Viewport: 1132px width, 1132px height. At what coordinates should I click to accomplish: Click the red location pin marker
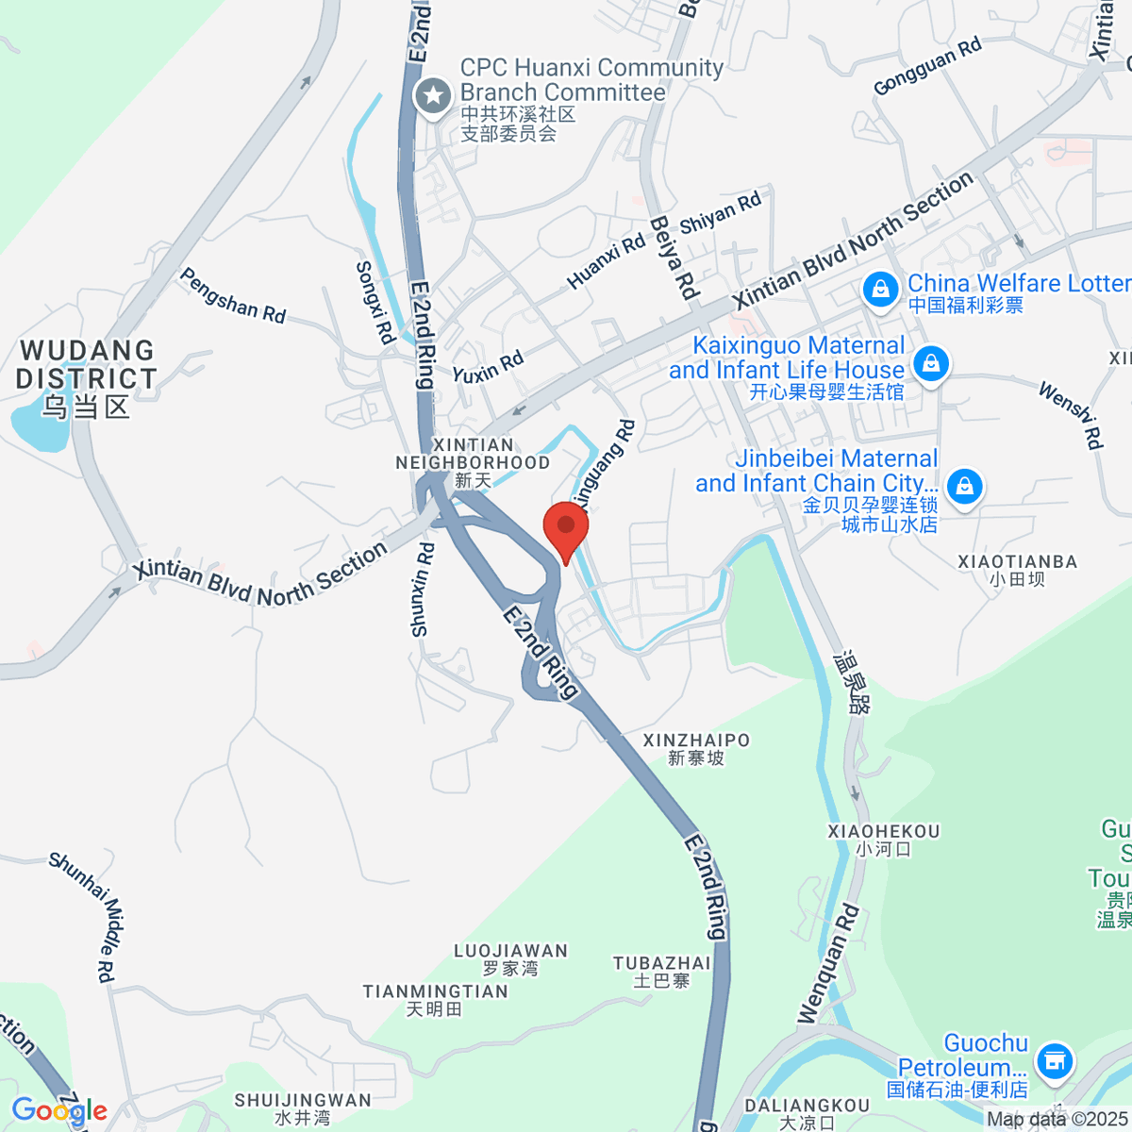(x=566, y=529)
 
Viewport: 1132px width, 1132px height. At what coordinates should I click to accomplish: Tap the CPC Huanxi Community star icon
(x=434, y=94)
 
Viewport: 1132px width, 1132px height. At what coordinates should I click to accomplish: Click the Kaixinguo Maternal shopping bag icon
(x=931, y=363)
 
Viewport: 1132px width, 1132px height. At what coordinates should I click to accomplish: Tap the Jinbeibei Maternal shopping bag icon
(x=964, y=487)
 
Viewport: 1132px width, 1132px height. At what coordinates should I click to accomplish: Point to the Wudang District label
(x=86, y=377)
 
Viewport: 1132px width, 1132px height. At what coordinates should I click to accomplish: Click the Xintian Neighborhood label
(x=473, y=462)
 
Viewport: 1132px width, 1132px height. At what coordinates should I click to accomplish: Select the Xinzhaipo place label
(x=696, y=748)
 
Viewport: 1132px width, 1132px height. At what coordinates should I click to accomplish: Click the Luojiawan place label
(x=510, y=958)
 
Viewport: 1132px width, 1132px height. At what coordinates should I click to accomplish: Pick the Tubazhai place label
(x=661, y=971)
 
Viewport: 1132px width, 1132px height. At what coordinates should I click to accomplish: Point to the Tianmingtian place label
(x=435, y=999)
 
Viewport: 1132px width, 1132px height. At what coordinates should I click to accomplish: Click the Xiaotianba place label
(x=1017, y=569)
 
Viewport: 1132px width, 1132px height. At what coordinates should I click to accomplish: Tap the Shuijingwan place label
(x=303, y=1107)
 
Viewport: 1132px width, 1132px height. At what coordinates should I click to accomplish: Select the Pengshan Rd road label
(x=232, y=295)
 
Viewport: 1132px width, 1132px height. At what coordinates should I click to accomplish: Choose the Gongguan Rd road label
(x=927, y=66)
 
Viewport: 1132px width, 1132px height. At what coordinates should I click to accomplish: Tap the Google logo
(x=58, y=1110)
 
